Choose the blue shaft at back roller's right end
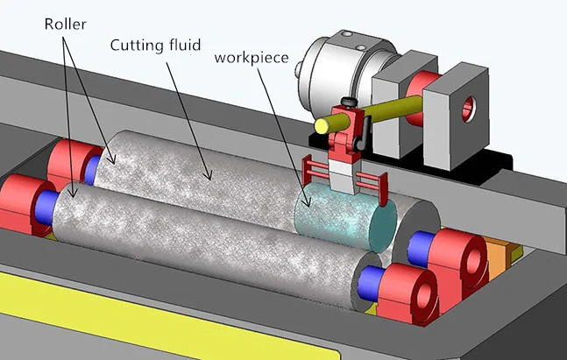point(420,243)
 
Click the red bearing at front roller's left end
point(25,202)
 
